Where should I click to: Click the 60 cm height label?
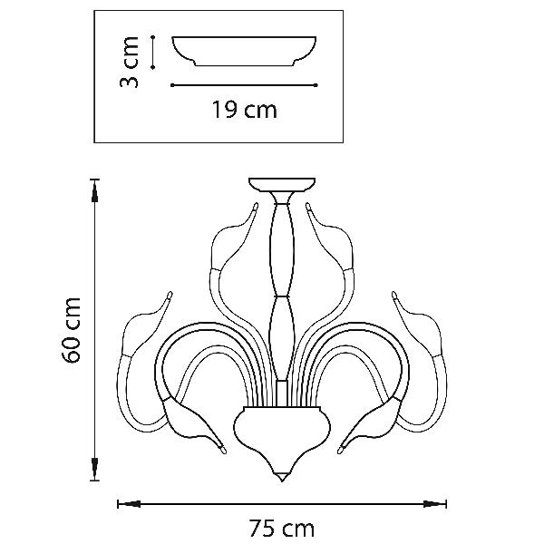71,330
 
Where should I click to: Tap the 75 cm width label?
282,529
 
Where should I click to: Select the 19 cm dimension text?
245,110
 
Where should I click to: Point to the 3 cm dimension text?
129,62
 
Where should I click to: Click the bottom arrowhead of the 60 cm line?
94,469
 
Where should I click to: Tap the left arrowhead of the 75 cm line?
129,504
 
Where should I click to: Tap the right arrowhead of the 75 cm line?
435,504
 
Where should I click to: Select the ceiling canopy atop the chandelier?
282,185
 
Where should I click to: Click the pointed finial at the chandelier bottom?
282,477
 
